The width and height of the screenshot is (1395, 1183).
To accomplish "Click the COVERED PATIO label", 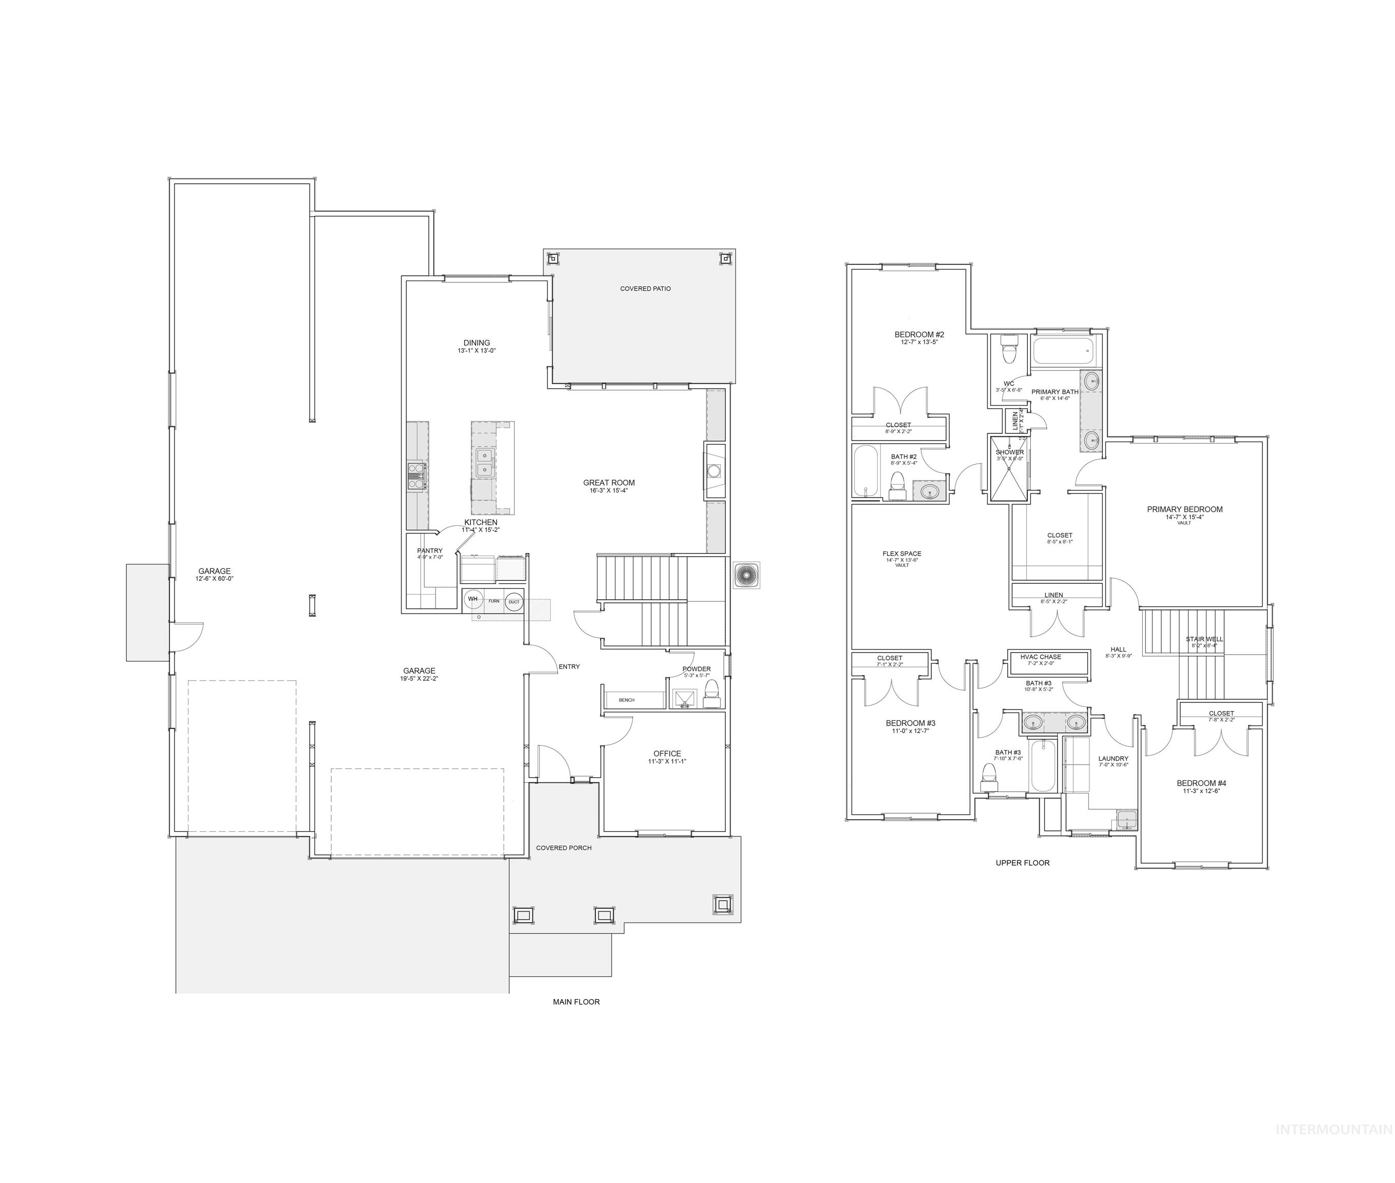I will [645, 289].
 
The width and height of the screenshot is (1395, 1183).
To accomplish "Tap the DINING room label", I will [476, 342].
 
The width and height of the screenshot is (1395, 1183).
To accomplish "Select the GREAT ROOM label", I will [608, 482].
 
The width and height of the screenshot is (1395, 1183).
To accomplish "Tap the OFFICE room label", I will [667, 753].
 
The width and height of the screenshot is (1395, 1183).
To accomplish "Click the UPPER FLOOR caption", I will [1022, 863].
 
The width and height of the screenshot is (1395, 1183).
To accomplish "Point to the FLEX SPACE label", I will [901, 554].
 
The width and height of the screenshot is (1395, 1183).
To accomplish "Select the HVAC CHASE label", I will [1040, 657].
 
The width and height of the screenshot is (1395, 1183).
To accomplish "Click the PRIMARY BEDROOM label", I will [1184, 509].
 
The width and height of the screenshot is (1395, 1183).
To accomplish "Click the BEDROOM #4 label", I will [1201, 783].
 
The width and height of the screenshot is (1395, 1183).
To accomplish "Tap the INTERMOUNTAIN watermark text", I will [1333, 1148].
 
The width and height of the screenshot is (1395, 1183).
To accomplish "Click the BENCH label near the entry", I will [627, 699].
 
